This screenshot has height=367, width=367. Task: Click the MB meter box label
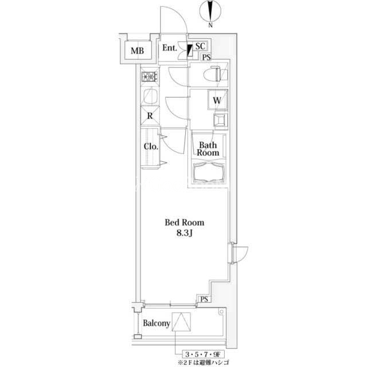click(138, 50)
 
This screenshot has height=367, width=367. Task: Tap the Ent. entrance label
click(170, 48)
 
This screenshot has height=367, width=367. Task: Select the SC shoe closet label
click(200, 46)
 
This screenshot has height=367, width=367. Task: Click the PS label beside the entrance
click(206, 57)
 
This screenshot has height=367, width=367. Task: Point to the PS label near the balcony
click(204, 299)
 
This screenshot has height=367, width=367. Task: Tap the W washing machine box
click(218, 100)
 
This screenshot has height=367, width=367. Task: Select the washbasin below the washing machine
click(220, 121)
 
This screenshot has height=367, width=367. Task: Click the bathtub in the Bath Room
click(208, 173)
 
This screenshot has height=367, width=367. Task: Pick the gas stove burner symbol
click(149, 76)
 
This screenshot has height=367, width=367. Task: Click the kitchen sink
click(150, 96)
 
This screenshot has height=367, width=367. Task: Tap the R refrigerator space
click(150, 116)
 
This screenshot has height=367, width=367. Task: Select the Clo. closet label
click(151, 147)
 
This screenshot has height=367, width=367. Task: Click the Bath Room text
click(208, 149)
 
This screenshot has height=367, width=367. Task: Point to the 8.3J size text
click(185, 233)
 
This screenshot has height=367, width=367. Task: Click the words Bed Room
click(185, 222)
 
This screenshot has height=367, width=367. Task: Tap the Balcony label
click(157, 323)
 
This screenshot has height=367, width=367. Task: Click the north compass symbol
click(210, 12)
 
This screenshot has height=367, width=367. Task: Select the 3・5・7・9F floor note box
click(204, 354)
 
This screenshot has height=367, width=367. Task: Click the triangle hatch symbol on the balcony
click(181, 322)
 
